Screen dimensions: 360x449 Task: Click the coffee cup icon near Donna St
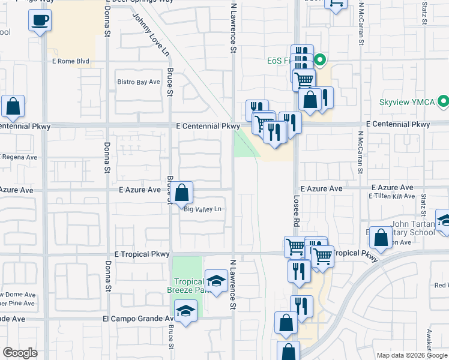(40, 20)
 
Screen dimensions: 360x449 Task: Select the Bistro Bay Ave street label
(139, 82)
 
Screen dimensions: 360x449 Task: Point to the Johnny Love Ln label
(150, 35)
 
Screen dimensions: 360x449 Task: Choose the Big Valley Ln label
(203, 209)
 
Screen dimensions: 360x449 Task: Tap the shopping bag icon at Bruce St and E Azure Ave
(183, 193)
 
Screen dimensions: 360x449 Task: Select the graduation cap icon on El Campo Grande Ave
(186, 311)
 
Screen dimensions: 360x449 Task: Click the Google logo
(20, 353)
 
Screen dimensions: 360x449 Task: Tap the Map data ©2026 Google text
(412, 355)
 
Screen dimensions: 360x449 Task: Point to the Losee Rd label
(297, 210)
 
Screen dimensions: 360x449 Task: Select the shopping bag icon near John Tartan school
(381, 238)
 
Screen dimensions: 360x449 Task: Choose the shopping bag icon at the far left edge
(13, 106)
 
